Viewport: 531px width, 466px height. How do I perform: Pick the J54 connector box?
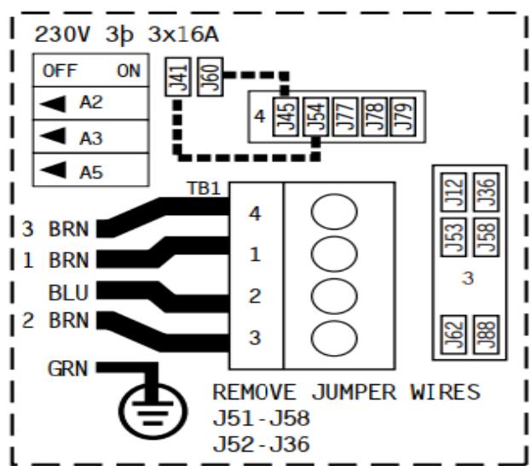315,115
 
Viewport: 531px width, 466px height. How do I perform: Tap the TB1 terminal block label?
209,187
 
